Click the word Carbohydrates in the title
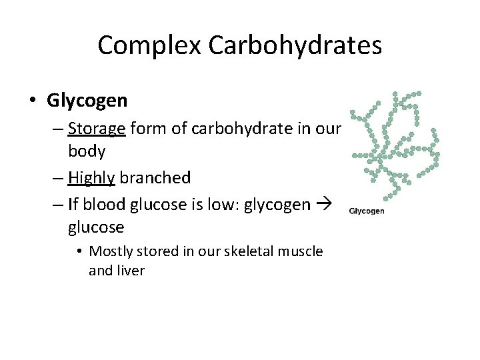coord(295,45)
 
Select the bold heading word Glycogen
coord(87,101)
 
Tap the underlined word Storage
coord(97,127)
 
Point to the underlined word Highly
coord(92,178)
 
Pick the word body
coord(87,151)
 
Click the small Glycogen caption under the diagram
coord(367,211)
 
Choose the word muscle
coord(303,251)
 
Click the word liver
coord(129,271)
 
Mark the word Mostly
coord(112,251)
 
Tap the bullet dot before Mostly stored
coord(79,252)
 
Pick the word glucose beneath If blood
coord(96,227)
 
